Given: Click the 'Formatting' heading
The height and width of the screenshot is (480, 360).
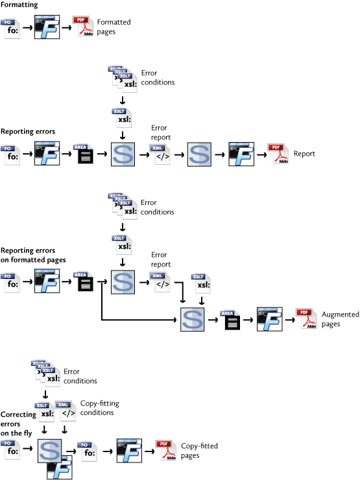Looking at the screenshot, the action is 19,5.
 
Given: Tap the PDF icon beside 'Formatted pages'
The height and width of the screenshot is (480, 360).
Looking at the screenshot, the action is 82,26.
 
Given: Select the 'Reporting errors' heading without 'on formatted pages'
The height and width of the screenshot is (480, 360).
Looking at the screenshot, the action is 28,131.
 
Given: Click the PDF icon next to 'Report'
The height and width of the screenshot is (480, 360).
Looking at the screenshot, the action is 278,154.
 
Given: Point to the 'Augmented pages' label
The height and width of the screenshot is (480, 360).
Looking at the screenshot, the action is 340,319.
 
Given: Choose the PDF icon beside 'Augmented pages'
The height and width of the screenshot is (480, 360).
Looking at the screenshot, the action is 306,318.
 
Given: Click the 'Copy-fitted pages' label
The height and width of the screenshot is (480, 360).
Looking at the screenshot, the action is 199,451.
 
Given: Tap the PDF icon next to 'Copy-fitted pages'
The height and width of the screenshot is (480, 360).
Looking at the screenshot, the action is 165,450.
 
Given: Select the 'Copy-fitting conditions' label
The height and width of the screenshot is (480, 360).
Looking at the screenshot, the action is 100,408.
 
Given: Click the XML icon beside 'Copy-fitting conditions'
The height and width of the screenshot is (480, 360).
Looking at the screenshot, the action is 66,411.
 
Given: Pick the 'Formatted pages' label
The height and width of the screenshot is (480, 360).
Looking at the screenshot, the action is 114,27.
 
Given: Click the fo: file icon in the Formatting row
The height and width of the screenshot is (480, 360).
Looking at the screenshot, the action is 10,29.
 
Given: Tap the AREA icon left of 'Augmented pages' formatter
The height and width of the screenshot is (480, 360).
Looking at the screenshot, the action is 230,320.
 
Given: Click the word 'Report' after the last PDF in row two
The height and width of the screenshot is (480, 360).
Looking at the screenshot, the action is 304,154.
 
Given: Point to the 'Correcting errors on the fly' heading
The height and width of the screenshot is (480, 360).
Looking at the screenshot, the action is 18,424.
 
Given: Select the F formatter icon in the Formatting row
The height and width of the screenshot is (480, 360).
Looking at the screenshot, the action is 47,27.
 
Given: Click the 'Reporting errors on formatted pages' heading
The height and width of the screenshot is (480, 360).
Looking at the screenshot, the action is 33,255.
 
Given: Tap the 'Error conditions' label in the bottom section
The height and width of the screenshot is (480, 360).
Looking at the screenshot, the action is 80,376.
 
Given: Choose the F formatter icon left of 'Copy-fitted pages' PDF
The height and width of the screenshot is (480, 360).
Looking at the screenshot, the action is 129,451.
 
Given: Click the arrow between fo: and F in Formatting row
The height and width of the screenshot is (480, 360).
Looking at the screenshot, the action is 27,27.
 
